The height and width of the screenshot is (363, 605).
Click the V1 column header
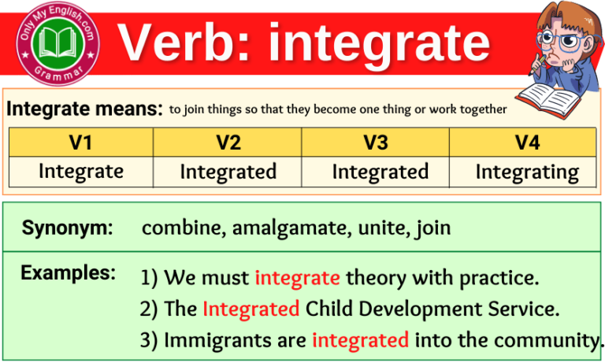[80, 143]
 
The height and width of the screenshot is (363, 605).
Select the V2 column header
[228, 143]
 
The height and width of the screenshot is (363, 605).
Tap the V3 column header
[375, 143]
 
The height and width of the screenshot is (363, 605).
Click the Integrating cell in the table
[527, 172]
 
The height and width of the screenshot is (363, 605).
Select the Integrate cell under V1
[80, 171]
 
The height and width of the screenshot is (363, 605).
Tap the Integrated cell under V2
[228, 172]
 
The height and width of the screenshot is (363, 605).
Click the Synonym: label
[67, 228]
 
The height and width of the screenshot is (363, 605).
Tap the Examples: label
[69, 273]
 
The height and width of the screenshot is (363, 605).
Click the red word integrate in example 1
[297, 278]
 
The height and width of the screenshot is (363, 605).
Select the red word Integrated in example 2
[251, 309]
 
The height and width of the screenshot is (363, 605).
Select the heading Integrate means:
[84, 109]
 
